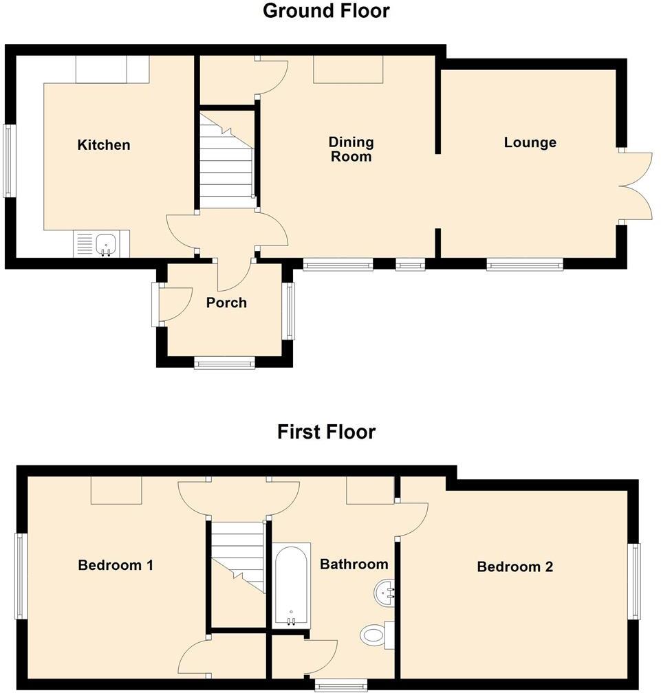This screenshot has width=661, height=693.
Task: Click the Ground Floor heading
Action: point(326,11)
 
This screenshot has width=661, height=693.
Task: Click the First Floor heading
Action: point(326,432)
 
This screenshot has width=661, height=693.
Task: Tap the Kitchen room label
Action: point(103,145)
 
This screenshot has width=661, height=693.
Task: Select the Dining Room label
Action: point(351,149)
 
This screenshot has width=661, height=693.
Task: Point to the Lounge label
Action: point(530,143)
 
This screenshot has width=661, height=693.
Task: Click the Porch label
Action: point(226,303)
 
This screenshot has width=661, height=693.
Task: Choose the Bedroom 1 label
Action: point(116,566)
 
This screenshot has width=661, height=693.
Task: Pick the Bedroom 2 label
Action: point(515,567)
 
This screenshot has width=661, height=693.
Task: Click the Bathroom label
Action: point(354,564)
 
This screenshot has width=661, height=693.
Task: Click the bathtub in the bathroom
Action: point(292,585)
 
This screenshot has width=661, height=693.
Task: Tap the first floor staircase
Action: point(237,557)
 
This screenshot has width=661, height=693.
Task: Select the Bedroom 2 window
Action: point(636,581)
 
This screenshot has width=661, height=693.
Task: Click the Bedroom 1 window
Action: point(20,576)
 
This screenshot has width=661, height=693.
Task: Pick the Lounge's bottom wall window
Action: point(525,264)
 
